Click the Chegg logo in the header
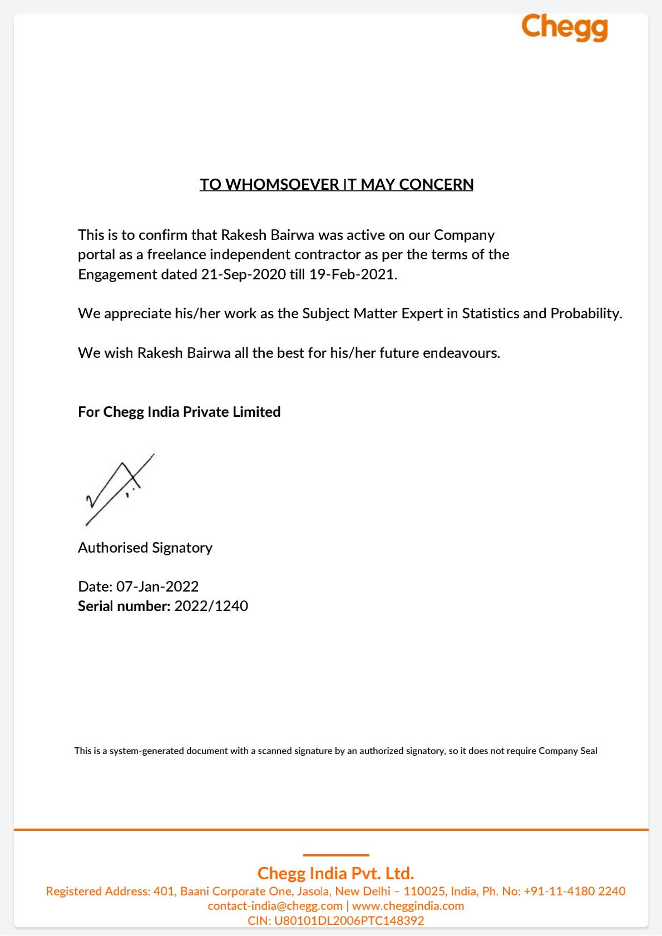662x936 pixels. click(x=564, y=27)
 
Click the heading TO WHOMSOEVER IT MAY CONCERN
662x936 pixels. click(x=337, y=185)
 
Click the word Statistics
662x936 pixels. click(x=491, y=313)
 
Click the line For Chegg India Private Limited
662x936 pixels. click(x=179, y=412)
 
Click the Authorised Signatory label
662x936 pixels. click(x=145, y=548)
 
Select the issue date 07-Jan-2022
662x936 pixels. click(x=157, y=587)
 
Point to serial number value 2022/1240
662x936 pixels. click(x=211, y=606)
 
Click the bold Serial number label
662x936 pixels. click(x=124, y=606)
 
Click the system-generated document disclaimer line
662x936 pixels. click(x=335, y=751)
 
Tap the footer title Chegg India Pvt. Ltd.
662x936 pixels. click(x=335, y=873)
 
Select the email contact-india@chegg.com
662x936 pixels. click(x=275, y=906)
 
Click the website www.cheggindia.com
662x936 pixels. click(x=408, y=906)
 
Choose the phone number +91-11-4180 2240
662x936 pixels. click(x=575, y=891)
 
